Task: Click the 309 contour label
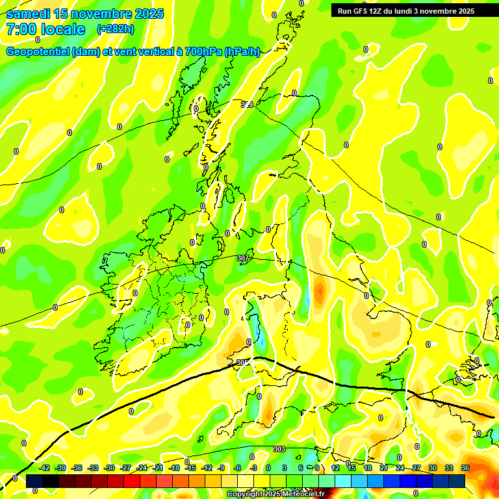point(246,105)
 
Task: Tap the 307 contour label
point(243,259)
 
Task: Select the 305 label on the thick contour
point(242,363)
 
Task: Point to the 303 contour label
point(279,449)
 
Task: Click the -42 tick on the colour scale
point(45,468)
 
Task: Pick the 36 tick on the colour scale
point(465,468)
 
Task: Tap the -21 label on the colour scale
point(158,468)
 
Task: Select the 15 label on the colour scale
point(352,468)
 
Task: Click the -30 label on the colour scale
point(109,468)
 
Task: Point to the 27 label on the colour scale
point(416,468)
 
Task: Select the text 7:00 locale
point(45,29)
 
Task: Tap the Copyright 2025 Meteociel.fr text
point(276,494)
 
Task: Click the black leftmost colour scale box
point(34,481)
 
